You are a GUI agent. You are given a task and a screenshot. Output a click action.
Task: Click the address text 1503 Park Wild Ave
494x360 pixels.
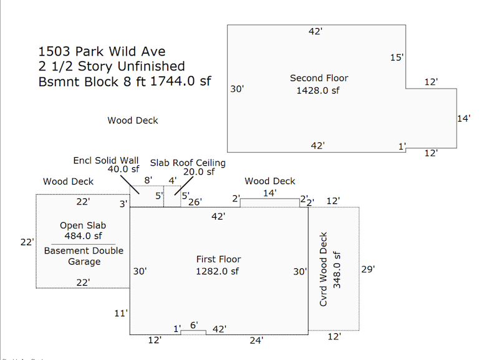pyautogui.click(x=102, y=51)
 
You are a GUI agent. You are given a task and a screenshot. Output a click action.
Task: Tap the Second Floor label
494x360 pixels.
pyautogui.click(x=319, y=78)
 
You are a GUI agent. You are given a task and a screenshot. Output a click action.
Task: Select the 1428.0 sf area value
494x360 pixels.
pyautogui.click(x=318, y=90)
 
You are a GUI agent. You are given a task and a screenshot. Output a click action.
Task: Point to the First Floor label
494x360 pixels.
pyautogui.click(x=218, y=259)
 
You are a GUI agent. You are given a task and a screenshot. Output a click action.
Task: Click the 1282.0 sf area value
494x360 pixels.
pyautogui.click(x=218, y=271)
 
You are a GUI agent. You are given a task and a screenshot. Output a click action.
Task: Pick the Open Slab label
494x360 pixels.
pyautogui.click(x=83, y=226)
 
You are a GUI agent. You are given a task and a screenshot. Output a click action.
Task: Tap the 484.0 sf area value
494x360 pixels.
pyautogui.click(x=83, y=236)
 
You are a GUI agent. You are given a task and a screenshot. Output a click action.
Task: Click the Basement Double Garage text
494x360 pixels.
pyautogui.click(x=84, y=256)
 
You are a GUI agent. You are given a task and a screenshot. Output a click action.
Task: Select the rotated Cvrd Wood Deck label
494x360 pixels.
pyautogui.click(x=324, y=269)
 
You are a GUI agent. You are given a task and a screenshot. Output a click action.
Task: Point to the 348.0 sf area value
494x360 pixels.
pyautogui.click(x=337, y=270)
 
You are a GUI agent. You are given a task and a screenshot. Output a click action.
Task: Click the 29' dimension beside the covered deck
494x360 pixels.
pyautogui.click(x=368, y=269)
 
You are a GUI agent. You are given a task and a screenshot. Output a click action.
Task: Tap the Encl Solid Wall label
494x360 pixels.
pyautogui.click(x=106, y=160)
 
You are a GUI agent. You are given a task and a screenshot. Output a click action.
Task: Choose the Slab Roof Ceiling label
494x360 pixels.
pyautogui.click(x=188, y=163)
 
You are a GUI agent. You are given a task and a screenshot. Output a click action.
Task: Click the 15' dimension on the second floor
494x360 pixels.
pyautogui.click(x=397, y=57)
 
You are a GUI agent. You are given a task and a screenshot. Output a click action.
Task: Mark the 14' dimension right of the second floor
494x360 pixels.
pyautogui.click(x=464, y=119)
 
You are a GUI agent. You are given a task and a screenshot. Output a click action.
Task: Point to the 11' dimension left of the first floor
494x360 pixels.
pyautogui.click(x=121, y=313)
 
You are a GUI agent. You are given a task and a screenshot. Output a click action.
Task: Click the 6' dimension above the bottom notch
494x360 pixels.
pyautogui.click(x=194, y=325)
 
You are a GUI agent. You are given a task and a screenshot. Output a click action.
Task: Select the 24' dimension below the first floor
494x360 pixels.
pyautogui.click(x=256, y=341)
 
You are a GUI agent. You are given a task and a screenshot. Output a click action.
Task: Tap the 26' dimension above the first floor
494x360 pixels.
pyautogui.click(x=195, y=202)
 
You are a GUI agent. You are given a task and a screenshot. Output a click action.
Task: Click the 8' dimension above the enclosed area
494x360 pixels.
pyautogui.click(x=148, y=180)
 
